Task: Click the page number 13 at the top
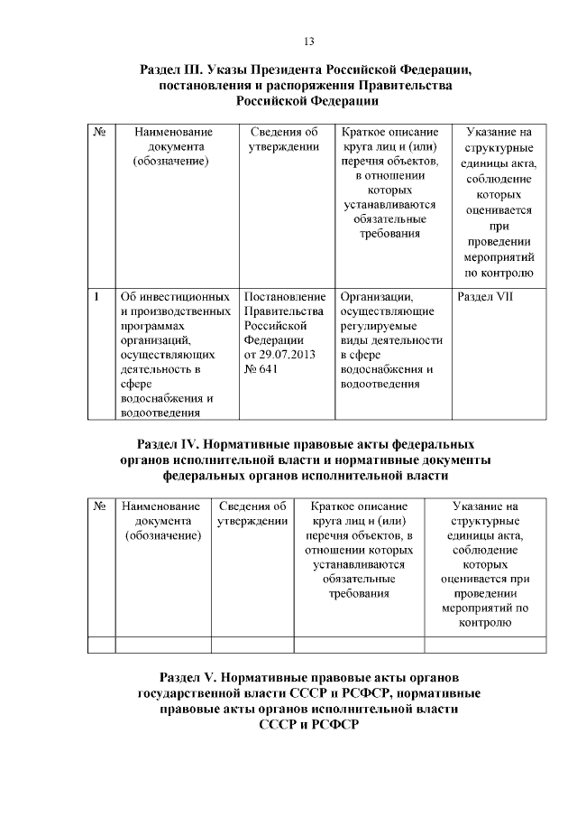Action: click(308, 42)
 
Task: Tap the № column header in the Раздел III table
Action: click(100, 132)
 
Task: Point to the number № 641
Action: click(262, 368)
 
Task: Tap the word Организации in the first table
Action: click(376, 297)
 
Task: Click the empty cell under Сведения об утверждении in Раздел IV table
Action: click(252, 644)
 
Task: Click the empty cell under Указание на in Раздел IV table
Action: click(485, 644)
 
